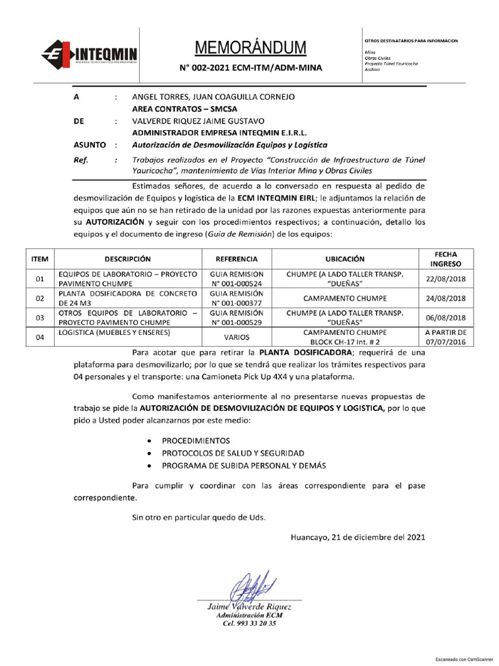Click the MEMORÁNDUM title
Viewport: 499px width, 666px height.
(250, 47)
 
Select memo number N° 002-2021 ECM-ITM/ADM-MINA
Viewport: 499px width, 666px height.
(250, 68)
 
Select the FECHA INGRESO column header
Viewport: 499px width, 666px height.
(445, 258)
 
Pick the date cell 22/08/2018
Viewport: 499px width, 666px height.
(445, 279)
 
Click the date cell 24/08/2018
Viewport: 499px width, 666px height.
(445, 299)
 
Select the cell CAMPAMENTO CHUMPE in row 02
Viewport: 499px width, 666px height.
(345, 299)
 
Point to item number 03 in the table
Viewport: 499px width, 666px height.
(39, 318)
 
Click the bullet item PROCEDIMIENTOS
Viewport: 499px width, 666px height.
(197, 440)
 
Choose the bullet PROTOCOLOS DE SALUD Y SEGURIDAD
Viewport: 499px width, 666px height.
(233, 453)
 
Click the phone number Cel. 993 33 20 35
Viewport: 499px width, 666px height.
(249, 623)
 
